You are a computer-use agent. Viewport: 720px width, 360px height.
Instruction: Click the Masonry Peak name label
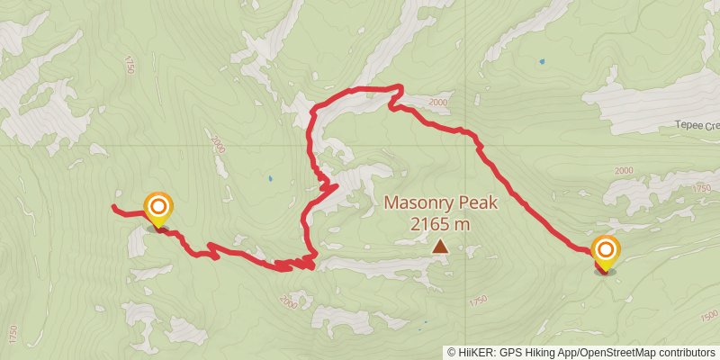[440, 202]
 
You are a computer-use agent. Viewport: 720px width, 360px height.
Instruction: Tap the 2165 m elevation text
[440, 224]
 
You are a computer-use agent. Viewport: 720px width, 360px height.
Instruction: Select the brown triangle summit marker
[440, 246]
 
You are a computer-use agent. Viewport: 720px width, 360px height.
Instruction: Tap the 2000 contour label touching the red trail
[437, 103]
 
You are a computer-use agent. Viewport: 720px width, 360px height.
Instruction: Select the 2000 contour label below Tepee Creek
[623, 170]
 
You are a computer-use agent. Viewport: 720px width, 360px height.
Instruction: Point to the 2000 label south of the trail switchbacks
[288, 304]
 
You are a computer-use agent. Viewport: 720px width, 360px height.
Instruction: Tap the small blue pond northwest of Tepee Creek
[541, 62]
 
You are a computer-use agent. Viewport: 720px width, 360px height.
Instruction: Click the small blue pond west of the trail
[270, 178]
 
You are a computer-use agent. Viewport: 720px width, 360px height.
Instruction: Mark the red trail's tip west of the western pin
[113, 207]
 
